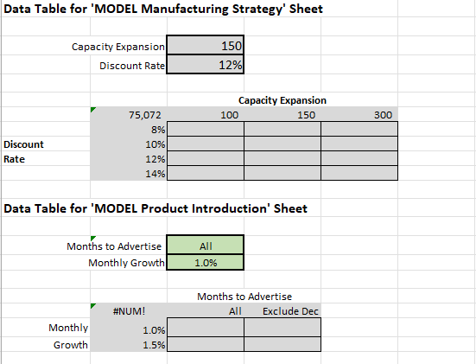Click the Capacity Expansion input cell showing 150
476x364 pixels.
(x=206, y=46)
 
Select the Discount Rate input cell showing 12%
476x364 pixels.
(x=206, y=64)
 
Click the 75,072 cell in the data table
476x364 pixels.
(x=129, y=114)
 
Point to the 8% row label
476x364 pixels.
(x=129, y=129)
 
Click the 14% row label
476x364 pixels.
(x=129, y=173)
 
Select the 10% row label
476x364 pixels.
(x=129, y=144)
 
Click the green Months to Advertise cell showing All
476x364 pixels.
(x=206, y=246)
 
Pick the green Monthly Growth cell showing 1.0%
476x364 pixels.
(x=206, y=263)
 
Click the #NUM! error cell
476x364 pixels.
(x=129, y=311)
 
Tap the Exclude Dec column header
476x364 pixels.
(x=282, y=311)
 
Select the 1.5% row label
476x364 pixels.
(x=129, y=344)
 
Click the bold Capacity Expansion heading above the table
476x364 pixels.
(x=282, y=100)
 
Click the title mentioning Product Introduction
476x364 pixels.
(x=155, y=208)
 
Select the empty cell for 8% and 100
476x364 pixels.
(x=206, y=129)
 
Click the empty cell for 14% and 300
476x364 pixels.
(x=359, y=173)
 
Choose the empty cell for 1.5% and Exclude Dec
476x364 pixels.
(x=282, y=344)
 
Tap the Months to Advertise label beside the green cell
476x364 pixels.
(x=114, y=246)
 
